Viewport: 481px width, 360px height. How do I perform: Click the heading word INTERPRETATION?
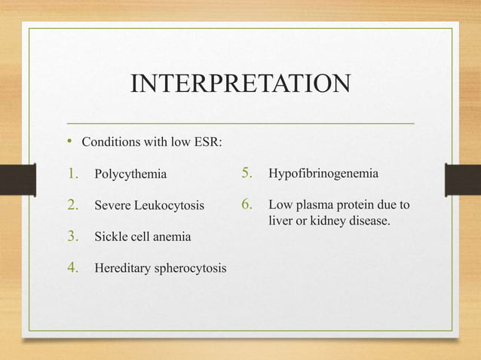(x=240, y=83)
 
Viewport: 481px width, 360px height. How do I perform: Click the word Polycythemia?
(x=130, y=175)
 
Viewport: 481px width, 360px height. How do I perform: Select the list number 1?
(x=73, y=175)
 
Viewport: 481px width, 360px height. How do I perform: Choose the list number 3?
(x=73, y=236)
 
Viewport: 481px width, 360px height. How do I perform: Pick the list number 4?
(x=73, y=267)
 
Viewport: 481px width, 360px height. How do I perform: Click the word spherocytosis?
(x=191, y=267)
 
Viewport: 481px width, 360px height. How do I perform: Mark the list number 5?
(x=247, y=175)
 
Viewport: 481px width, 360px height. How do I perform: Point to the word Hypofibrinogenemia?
(x=323, y=175)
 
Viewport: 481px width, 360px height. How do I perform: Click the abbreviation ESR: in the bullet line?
(x=207, y=142)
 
